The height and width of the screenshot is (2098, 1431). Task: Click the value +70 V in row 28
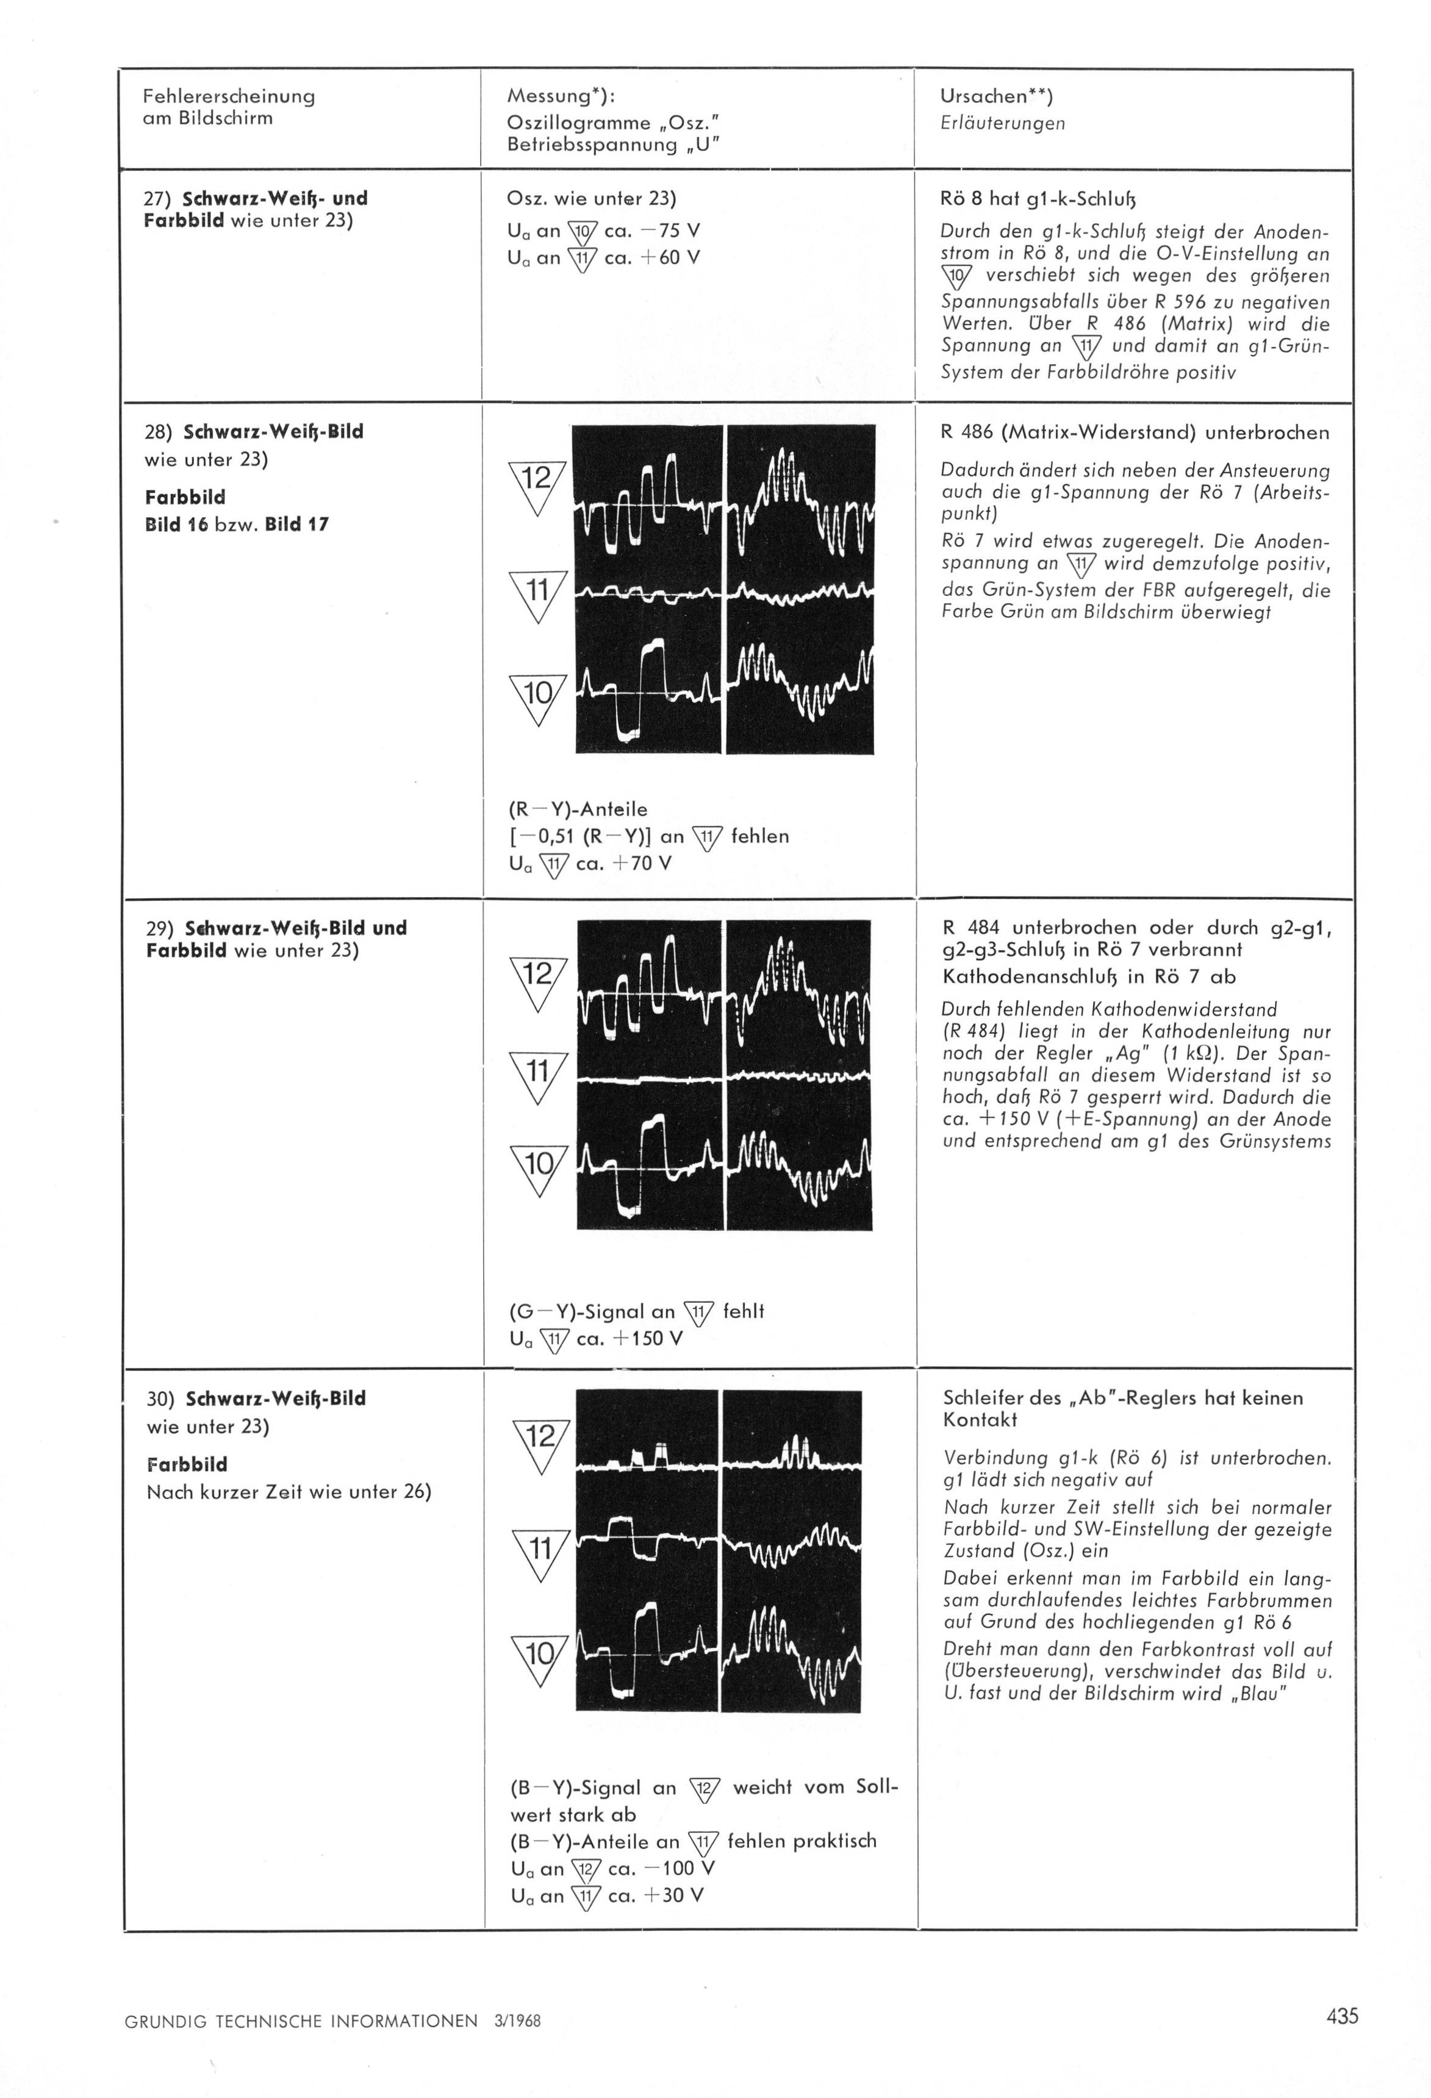(x=641, y=863)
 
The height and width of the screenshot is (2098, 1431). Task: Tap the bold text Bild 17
(x=297, y=524)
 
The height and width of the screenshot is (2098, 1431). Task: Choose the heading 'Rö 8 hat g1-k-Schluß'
(x=1038, y=199)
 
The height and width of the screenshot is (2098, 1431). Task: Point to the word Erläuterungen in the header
(x=1002, y=124)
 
